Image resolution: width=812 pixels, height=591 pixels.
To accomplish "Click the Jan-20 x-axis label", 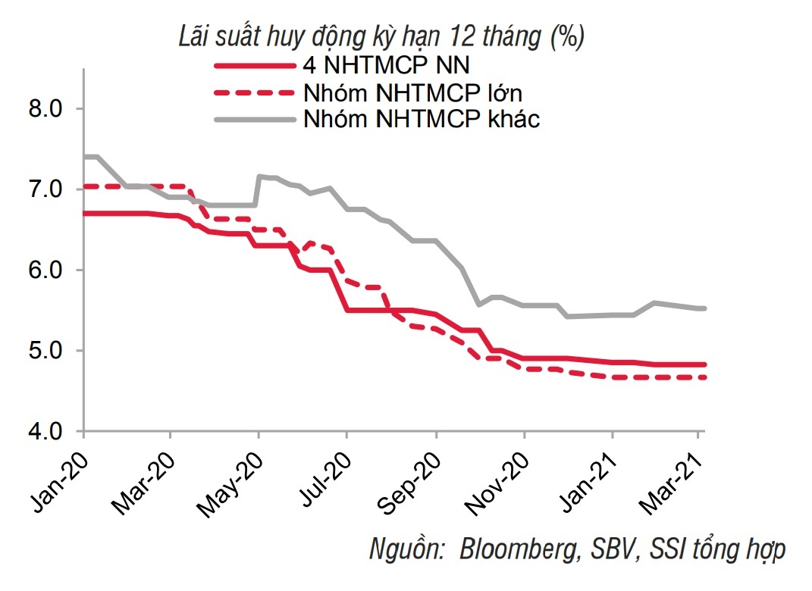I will (59, 471).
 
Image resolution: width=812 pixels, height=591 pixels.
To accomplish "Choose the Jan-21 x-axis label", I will (588, 471).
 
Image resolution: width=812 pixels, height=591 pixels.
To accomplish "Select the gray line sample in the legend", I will (254, 119).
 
